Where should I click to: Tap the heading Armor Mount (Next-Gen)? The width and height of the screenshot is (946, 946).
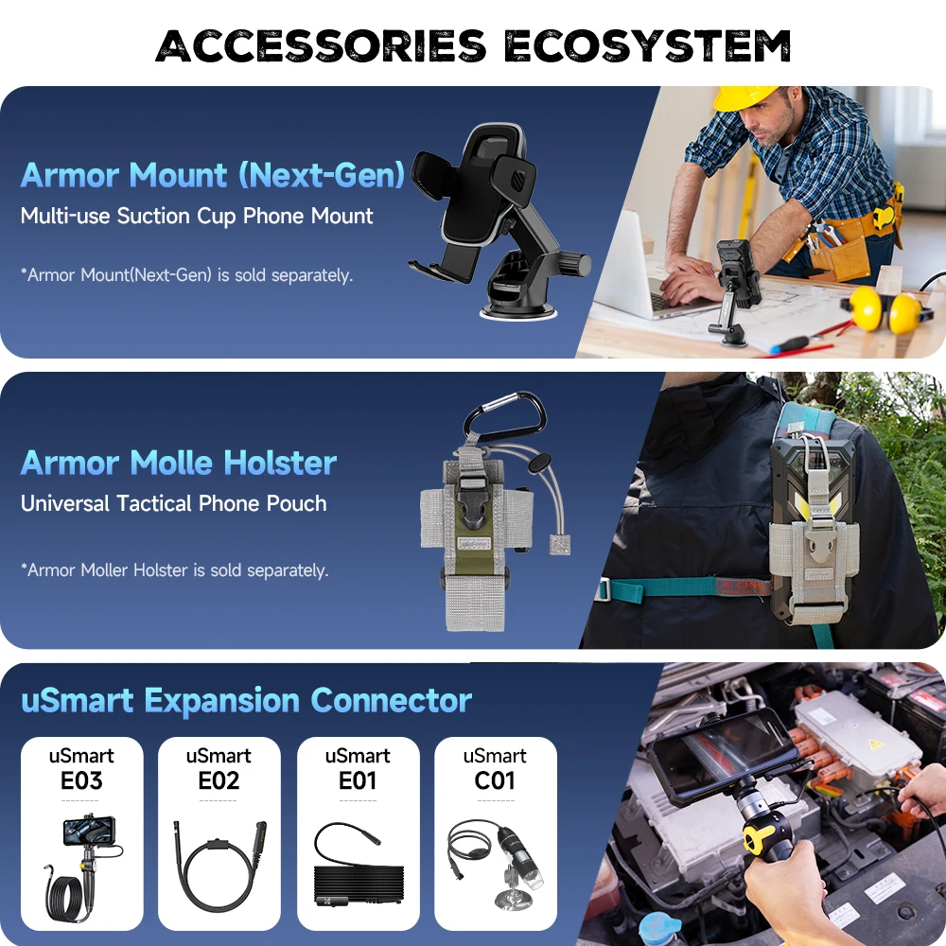click(x=213, y=175)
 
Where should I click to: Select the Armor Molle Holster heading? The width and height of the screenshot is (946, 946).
click(x=179, y=463)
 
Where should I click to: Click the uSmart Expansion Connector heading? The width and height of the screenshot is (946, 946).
click(x=246, y=701)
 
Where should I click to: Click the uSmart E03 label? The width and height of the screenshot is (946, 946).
click(x=81, y=768)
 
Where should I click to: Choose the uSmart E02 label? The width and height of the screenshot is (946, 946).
click(x=219, y=768)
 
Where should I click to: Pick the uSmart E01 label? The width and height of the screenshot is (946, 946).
click(x=358, y=768)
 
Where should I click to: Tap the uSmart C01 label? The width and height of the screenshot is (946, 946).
click(x=495, y=768)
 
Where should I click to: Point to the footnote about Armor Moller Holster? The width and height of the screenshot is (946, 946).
click(x=175, y=570)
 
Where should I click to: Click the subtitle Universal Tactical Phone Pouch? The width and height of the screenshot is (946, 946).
click(x=174, y=503)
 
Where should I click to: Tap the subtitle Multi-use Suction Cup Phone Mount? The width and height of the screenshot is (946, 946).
click(x=197, y=216)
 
